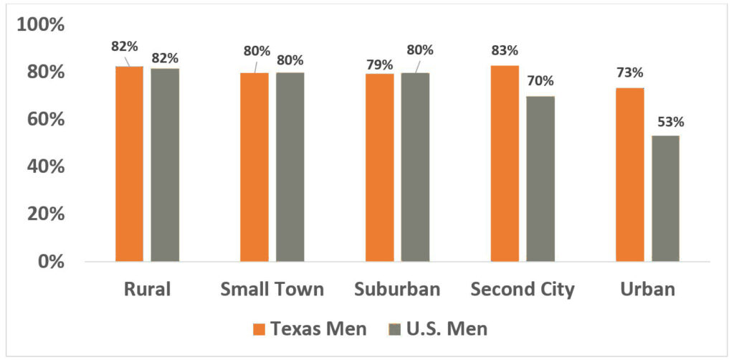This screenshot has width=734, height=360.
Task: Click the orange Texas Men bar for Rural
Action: tap(129, 164)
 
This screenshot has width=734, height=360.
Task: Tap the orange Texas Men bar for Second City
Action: tap(505, 164)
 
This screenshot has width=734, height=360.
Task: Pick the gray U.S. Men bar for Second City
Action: tap(540, 179)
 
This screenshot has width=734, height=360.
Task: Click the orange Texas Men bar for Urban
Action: tap(629, 174)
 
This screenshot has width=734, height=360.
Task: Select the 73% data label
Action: tap(629, 73)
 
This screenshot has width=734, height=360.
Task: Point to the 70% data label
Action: tap(540, 81)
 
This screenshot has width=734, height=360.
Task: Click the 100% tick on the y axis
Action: tap(41, 25)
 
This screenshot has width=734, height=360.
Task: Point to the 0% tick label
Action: tap(50, 261)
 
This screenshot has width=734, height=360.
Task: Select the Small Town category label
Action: tap(272, 290)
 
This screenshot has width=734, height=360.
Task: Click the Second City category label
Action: tap(523, 290)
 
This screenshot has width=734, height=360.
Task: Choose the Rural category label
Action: tap(147, 290)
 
